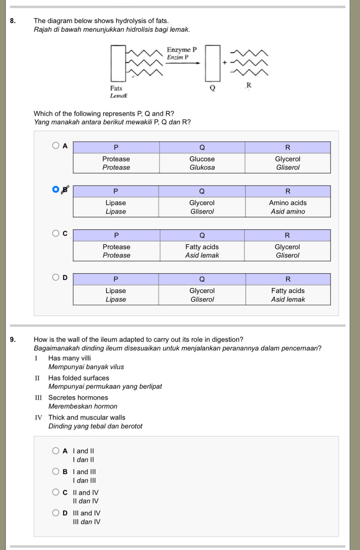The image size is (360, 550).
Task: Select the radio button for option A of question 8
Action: coord(56,145)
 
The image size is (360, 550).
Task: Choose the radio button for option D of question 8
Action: coord(56,277)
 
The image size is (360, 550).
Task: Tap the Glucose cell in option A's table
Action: coord(202,163)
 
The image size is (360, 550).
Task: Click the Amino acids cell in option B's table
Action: coord(288,207)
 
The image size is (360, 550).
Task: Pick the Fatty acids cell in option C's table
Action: coord(202,251)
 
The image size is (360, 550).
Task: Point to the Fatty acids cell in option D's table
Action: coord(288,295)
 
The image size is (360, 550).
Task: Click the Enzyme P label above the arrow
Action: coord(181,50)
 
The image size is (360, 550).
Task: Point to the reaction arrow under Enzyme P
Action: coord(183,63)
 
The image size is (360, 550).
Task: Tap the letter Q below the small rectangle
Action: coord(212,88)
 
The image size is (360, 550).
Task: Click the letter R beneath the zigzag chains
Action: coord(249,85)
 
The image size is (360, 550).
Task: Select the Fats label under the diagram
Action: coord(116,88)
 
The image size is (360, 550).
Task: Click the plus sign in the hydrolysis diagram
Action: coord(225,62)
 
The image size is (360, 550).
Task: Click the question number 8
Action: coord(13,21)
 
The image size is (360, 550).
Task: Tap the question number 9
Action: coord(13,339)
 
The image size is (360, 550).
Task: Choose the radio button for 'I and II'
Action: coord(56,451)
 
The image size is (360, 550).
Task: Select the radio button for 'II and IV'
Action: coord(56,492)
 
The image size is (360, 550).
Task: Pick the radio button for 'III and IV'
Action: coord(56,513)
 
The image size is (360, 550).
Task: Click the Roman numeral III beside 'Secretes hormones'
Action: coord(38,397)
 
